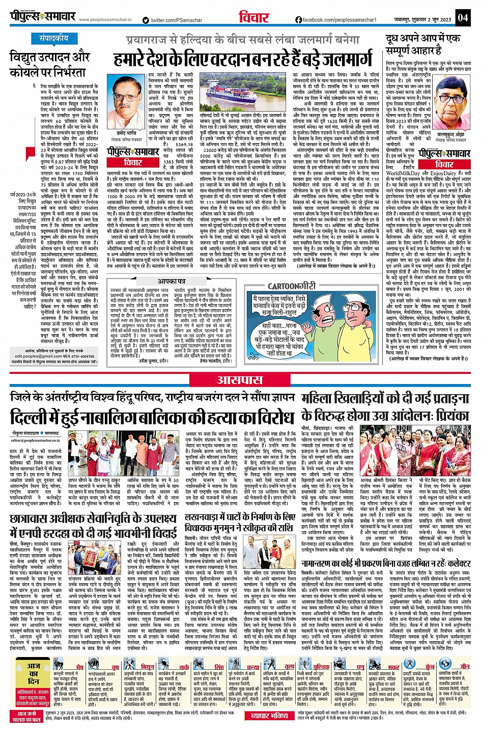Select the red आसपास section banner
tap(239, 379)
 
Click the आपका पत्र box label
tap(171, 281)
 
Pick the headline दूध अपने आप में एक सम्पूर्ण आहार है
tap(422, 45)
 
